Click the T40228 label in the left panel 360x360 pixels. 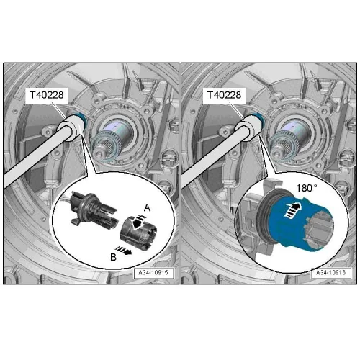pyautogui.click(x=47, y=95)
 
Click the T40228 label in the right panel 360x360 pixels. pyautogui.click(x=224, y=95)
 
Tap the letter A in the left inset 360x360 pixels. pyautogui.click(x=147, y=208)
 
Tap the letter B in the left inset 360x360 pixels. pyautogui.click(x=113, y=257)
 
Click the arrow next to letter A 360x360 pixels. pyautogui.click(x=138, y=222)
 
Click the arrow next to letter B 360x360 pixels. pyautogui.click(x=124, y=250)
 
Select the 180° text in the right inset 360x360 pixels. pyautogui.click(x=307, y=188)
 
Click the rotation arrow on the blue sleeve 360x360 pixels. pyautogui.click(x=292, y=210)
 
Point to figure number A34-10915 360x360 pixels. pyautogui.click(x=153, y=273)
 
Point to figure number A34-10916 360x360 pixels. pyautogui.click(x=331, y=273)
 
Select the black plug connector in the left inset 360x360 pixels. pyautogui.click(x=92, y=210)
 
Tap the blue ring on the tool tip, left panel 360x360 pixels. pyautogui.click(x=81, y=118)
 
